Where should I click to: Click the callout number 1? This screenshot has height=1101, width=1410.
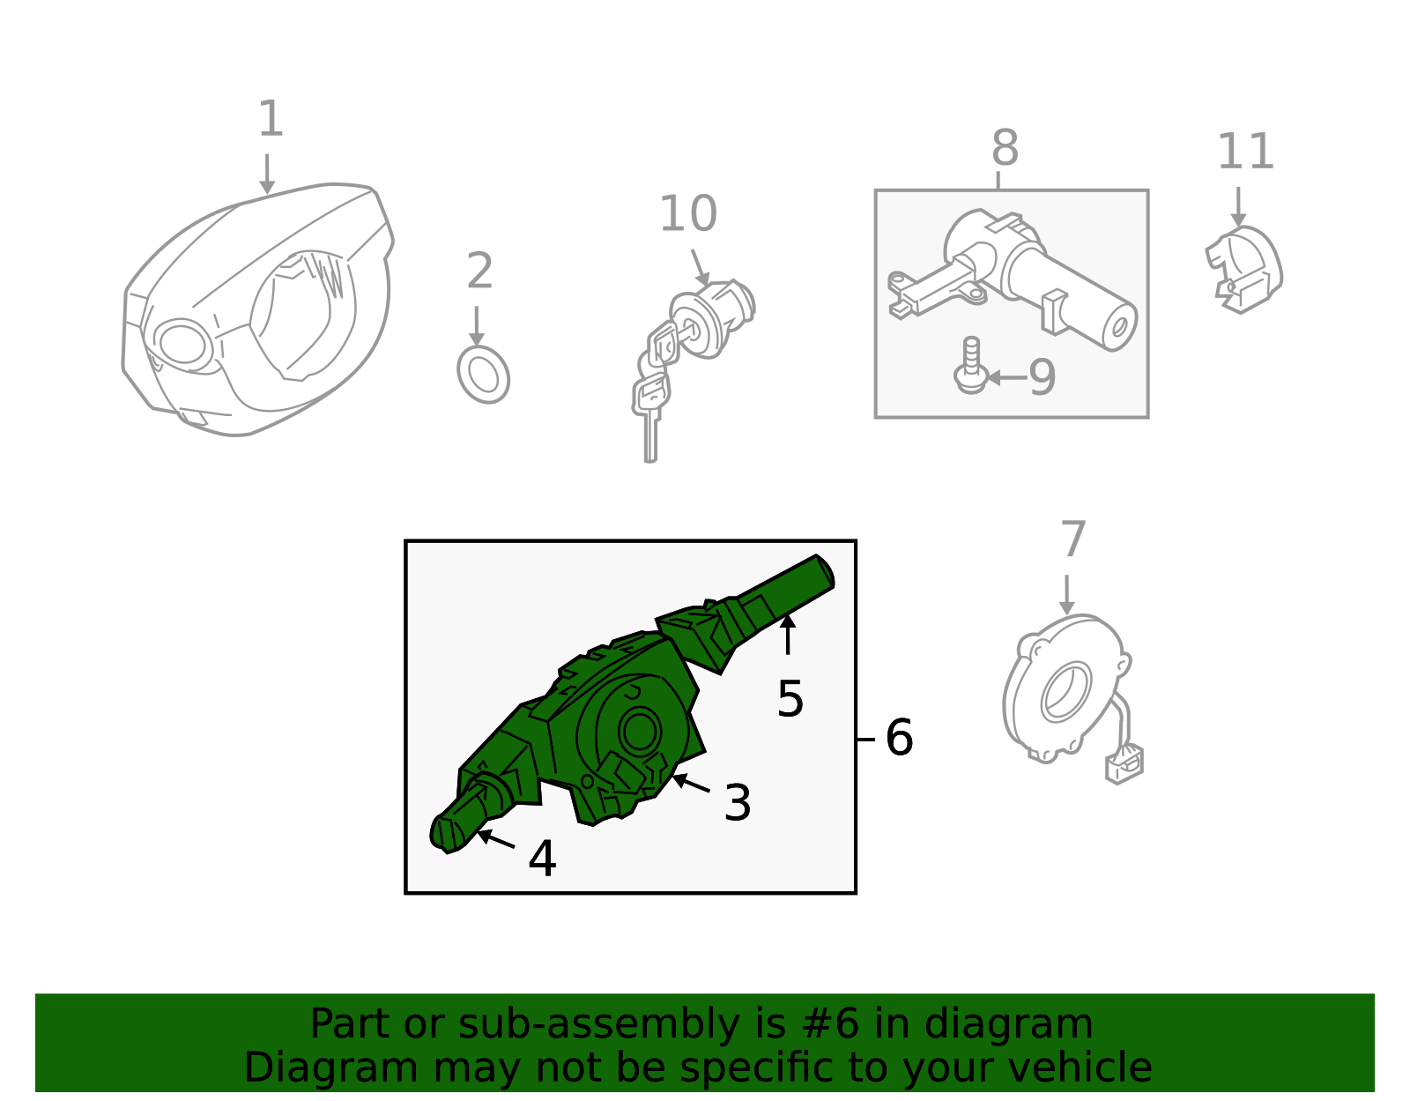pos(271,118)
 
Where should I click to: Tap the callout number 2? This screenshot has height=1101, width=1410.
pos(479,271)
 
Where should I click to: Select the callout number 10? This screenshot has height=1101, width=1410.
pos(687,213)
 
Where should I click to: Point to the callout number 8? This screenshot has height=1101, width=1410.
pos(1005,148)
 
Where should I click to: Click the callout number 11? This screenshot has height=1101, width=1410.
pos(1245,152)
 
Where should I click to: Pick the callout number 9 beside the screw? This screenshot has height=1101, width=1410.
pos(1042,377)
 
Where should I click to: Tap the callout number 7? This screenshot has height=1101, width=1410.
pos(1073,539)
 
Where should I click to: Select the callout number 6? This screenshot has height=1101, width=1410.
pos(900,738)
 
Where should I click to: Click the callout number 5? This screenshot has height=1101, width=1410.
pos(790,699)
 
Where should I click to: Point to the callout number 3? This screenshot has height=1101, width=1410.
pos(737,802)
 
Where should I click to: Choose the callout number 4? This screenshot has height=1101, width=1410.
pos(543,859)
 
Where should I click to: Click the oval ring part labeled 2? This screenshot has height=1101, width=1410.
pos(484,375)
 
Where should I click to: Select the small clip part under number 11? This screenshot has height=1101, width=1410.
pos(1244,269)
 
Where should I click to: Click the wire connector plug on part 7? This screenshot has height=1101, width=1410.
pos(1124,765)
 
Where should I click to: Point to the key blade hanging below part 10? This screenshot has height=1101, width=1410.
pos(650,438)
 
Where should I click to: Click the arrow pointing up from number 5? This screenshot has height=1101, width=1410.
pos(787,635)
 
